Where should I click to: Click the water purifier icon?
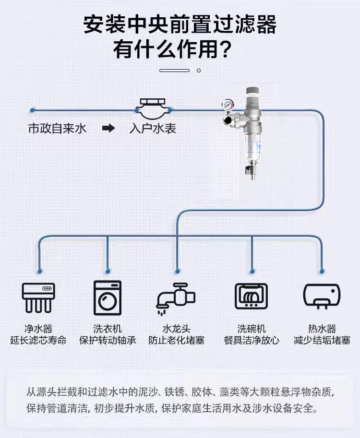point(38,297)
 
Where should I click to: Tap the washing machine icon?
point(108,298)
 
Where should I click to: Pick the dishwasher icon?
point(251,296)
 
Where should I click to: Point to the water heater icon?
point(322,296)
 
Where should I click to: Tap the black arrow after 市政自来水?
point(108,128)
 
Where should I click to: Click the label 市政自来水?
point(57,129)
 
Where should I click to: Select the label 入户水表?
point(153,129)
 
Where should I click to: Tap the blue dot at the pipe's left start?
point(33,110)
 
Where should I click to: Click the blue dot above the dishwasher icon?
point(252,271)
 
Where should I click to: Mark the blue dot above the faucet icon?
point(177,271)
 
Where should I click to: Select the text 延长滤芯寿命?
point(38,340)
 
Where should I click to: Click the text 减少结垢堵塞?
point(322,340)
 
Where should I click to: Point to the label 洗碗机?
point(251,329)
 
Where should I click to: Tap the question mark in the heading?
point(225,49)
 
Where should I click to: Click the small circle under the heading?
point(199,71)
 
